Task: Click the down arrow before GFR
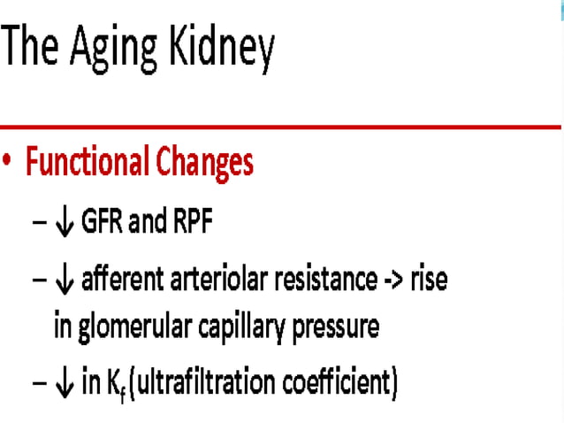63,222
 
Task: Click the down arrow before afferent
63,281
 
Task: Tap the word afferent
119,281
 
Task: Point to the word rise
431,281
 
